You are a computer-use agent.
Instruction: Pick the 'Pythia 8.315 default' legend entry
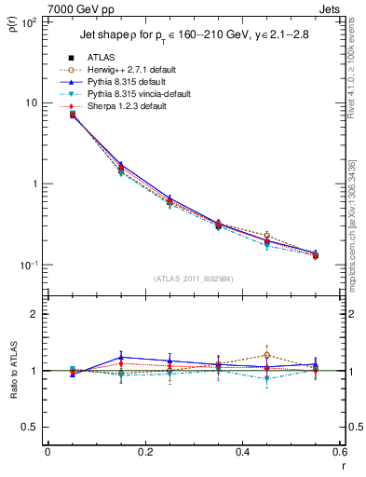134,82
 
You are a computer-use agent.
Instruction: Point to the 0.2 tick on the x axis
144,453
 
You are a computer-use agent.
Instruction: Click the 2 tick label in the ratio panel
34,314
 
